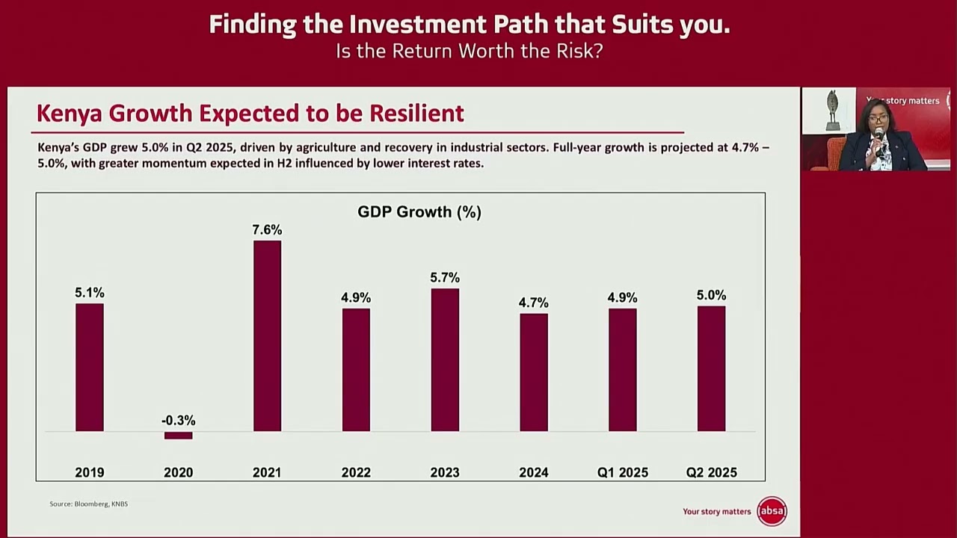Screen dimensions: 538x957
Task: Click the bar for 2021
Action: (x=267, y=336)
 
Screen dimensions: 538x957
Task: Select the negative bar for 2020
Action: (x=178, y=436)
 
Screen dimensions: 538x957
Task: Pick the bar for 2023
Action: (x=445, y=359)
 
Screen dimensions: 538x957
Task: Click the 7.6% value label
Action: (x=267, y=230)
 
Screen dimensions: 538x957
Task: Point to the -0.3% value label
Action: (x=178, y=421)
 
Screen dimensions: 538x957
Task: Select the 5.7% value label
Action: (x=445, y=278)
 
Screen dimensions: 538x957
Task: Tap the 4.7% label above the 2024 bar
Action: (x=533, y=303)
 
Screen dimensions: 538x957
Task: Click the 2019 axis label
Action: (x=90, y=472)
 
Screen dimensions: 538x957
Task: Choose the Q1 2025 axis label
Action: (x=622, y=472)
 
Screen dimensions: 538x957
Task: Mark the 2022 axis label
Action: (x=356, y=472)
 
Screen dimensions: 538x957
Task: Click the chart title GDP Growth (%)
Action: (x=419, y=212)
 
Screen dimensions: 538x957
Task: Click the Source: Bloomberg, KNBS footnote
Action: (x=88, y=504)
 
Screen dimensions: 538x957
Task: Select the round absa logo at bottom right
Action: (x=772, y=511)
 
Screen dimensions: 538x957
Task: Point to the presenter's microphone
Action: (x=879, y=134)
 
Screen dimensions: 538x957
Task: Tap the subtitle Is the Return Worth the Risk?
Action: (x=469, y=51)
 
